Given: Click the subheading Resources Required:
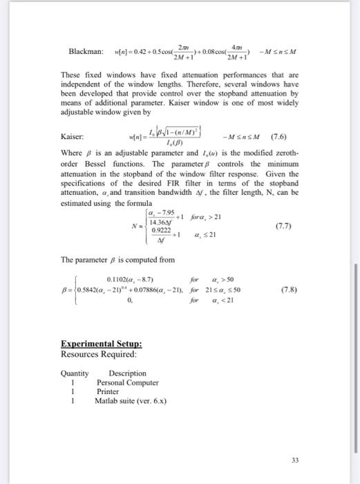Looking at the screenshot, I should [99, 354].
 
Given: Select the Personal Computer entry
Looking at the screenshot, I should [127, 382].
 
